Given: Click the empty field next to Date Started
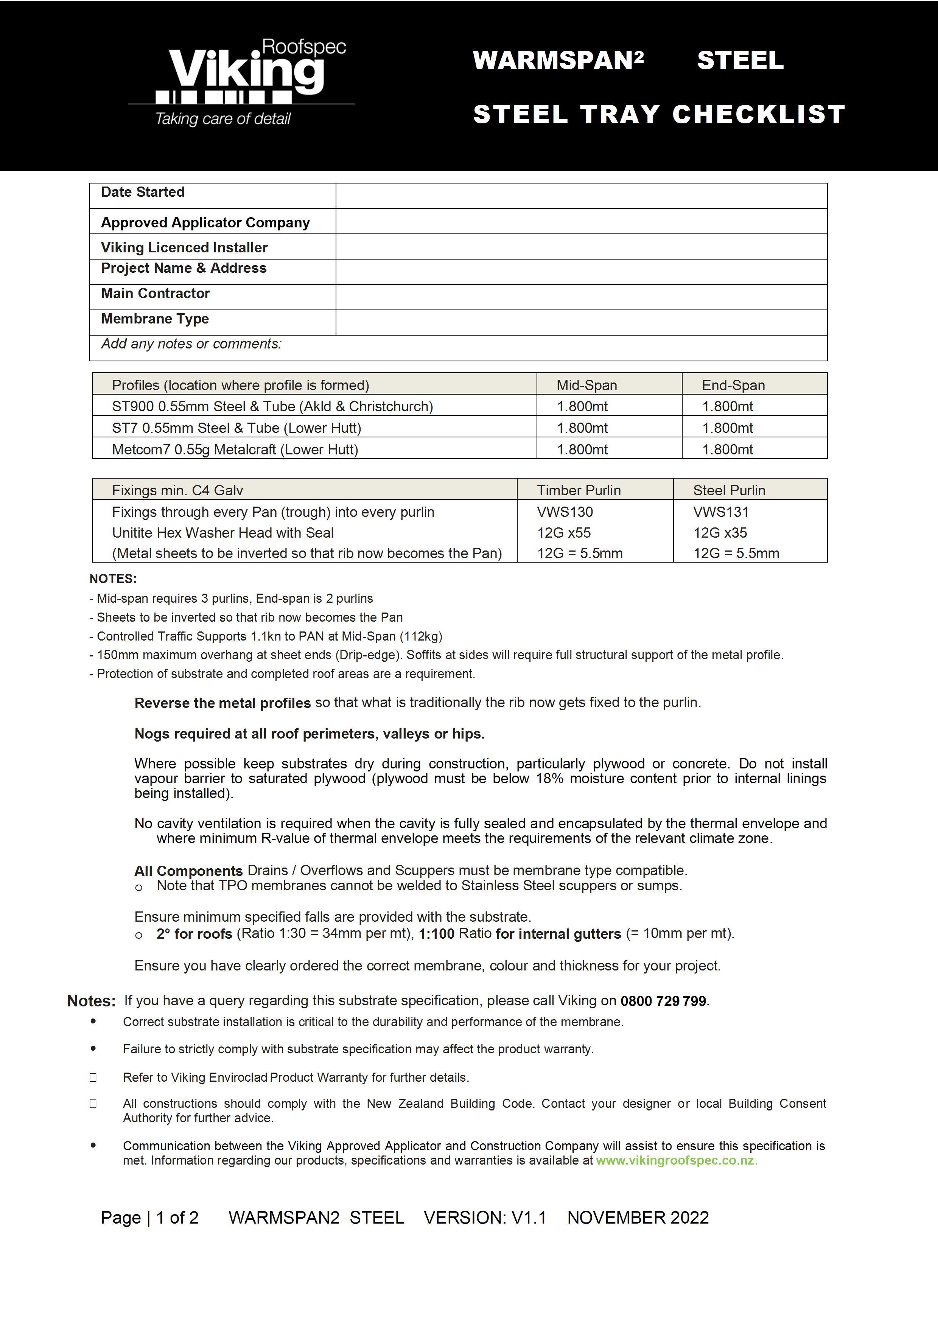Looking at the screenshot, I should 581,196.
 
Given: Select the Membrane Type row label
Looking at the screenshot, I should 155,319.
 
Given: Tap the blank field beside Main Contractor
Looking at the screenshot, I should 581,297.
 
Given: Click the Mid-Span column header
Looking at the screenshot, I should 586,385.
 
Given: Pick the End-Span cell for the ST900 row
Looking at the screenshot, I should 728,407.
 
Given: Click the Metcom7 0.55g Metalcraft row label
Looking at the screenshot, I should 235,449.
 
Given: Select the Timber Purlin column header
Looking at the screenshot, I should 578,490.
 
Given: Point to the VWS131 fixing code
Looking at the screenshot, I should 720,512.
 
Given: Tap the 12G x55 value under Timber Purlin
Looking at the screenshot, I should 564,533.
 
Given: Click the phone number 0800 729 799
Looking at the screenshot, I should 663,1001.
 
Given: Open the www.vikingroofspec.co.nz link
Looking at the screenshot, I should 675,1160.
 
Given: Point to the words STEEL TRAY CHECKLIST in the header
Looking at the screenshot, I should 659,115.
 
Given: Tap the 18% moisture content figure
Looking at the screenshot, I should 549,779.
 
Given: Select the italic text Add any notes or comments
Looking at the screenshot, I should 191,344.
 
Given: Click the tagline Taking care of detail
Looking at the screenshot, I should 222,119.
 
